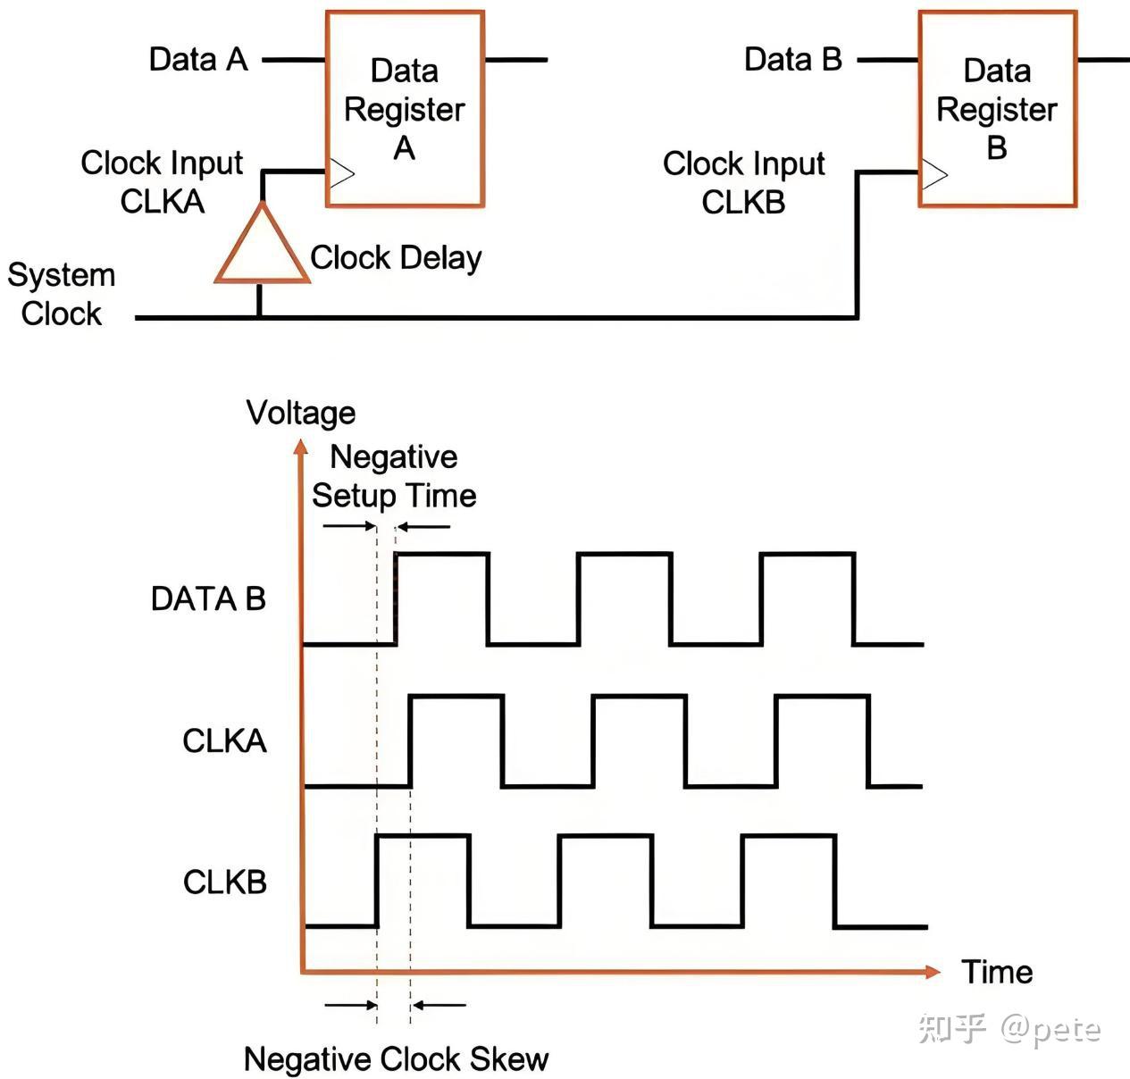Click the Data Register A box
405,109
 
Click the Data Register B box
997,109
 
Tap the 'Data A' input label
197,60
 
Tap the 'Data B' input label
792,60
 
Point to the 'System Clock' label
62,294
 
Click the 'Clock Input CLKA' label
162,182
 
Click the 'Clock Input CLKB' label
743,183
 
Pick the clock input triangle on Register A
341,172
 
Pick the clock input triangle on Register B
933,173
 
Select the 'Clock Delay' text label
396,258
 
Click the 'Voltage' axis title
301,413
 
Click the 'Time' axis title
997,972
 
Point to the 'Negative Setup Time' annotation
394,476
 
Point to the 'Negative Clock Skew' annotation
396,1059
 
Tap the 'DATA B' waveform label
208,598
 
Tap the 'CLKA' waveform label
224,740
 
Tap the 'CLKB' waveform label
225,882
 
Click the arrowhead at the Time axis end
933,971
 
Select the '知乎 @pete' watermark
1009,1030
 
